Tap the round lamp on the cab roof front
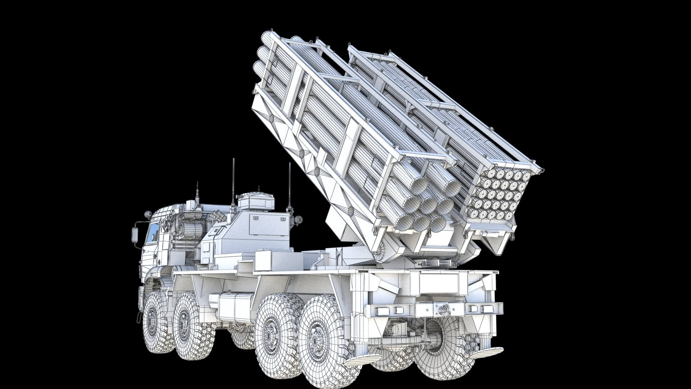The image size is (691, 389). (148, 215)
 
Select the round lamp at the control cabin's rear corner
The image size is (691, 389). (298, 220)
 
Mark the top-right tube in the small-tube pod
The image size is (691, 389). (526, 175)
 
